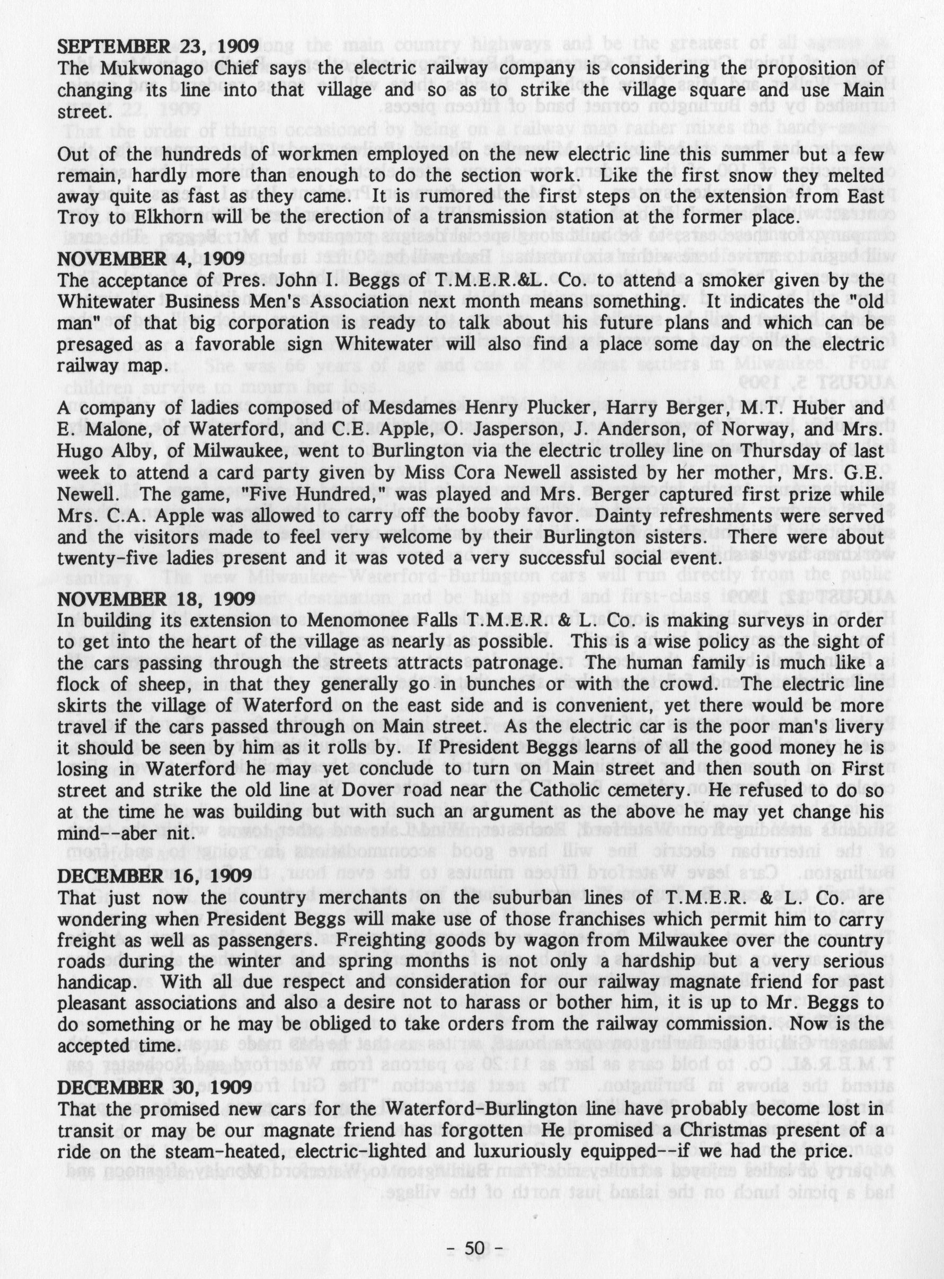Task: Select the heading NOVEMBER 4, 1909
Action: pyautogui.click(x=152, y=257)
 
